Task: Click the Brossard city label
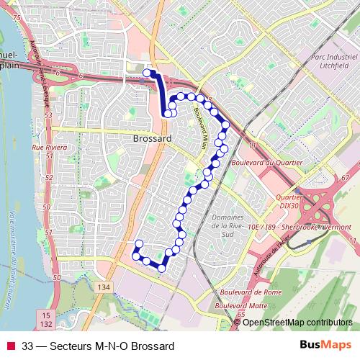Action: pos(152,138)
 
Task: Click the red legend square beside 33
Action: pos(11,346)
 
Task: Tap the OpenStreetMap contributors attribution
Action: pos(297,323)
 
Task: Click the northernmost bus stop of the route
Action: pos(147,72)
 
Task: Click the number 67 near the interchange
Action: pos(346,177)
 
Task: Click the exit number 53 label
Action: pos(48,115)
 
